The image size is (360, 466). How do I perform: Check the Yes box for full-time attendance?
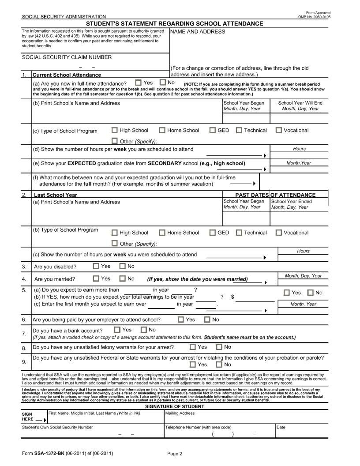tap(139, 83)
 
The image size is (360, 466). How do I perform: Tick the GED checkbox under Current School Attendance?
tap(213, 130)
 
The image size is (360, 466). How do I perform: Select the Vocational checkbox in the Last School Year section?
tap(278, 233)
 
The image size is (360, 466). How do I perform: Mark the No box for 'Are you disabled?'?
tap(123, 266)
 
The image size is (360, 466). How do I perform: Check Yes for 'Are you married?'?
tap(96, 278)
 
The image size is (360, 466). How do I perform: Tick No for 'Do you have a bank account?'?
tap(144, 330)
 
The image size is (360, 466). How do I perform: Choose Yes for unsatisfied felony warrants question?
tap(193, 347)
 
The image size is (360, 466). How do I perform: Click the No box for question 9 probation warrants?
tap(219, 365)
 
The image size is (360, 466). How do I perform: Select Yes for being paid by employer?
tap(181, 319)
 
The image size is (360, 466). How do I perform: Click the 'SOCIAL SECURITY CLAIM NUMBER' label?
tap(67, 57)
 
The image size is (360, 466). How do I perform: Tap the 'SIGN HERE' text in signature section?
tap(30, 417)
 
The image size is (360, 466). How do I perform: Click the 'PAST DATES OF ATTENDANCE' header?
tap(275, 195)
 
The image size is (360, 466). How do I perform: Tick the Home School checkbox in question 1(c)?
tap(162, 130)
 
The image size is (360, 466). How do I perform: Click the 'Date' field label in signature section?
tap(281, 427)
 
